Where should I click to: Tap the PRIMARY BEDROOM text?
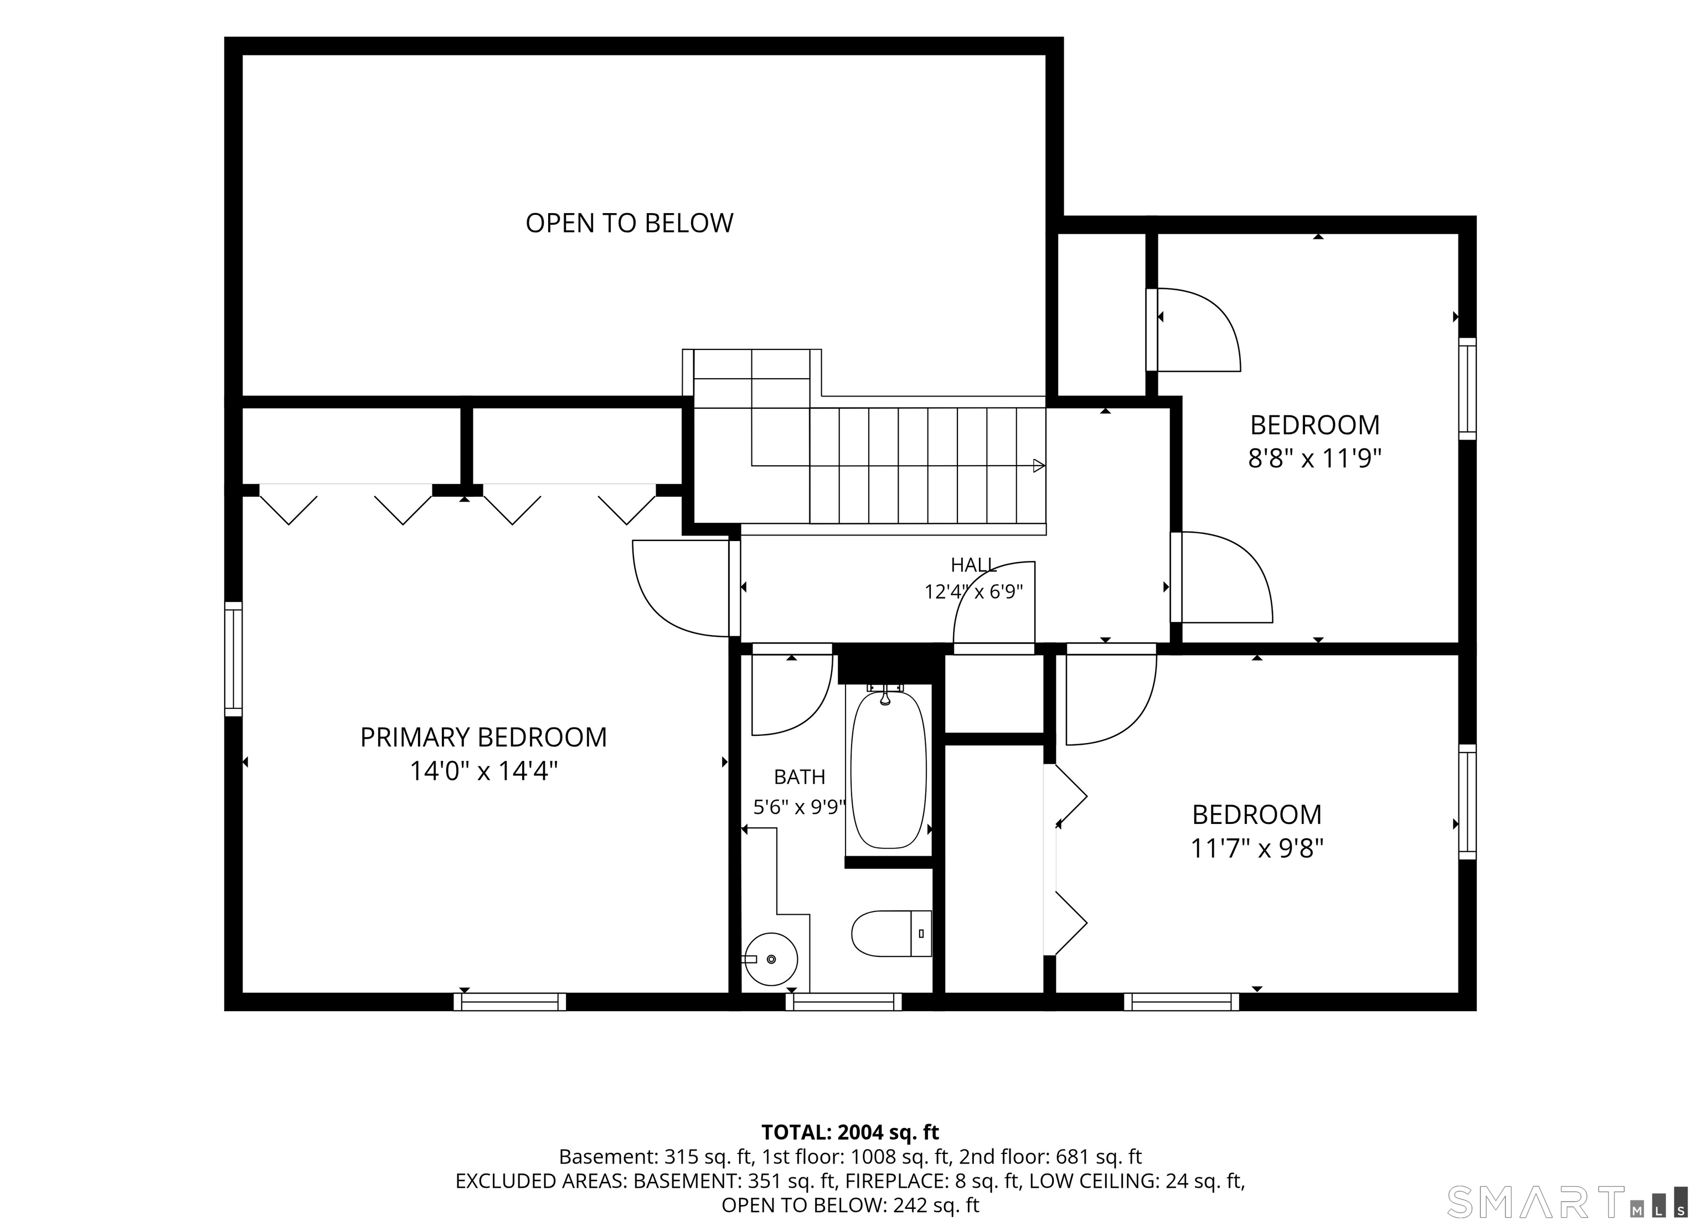click(x=484, y=738)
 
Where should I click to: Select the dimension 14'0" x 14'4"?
click(x=484, y=771)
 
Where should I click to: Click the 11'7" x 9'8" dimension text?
click(x=1257, y=848)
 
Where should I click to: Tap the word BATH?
click(x=800, y=776)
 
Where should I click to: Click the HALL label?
click(x=973, y=565)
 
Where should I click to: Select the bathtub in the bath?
click(x=889, y=769)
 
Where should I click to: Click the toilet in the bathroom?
click(x=891, y=933)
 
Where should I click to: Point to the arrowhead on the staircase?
click(x=1039, y=466)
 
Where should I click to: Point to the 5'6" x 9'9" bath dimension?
click(x=800, y=807)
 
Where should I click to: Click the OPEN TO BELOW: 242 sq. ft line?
click(x=850, y=1206)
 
